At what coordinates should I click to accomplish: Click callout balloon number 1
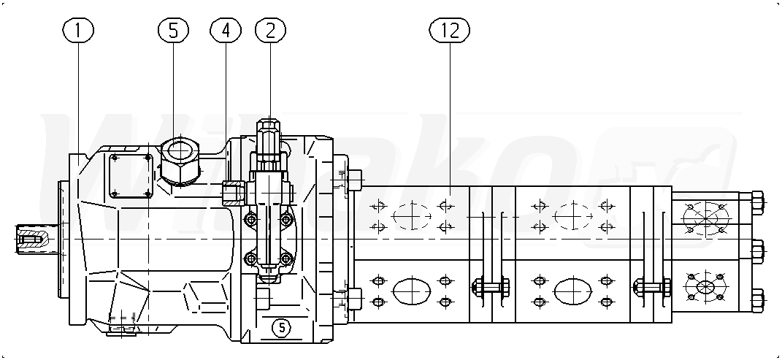pyautogui.click(x=78, y=30)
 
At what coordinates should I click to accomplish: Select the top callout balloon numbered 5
pyautogui.click(x=173, y=30)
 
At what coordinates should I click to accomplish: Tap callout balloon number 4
pyautogui.click(x=225, y=30)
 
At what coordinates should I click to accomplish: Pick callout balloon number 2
pyautogui.click(x=270, y=30)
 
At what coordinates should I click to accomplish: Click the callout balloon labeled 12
pyautogui.click(x=450, y=30)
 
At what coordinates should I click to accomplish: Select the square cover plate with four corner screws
pyautogui.click(x=130, y=175)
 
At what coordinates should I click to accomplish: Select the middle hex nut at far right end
pyautogui.click(x=756, y=250)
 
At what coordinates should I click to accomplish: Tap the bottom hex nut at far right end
pyautogui.click(x=756, y=299)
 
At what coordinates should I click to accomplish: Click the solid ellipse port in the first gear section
pyautogui.click(x=411, y=291)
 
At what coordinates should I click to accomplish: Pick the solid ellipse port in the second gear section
pyautogui.click(x=572, y=291)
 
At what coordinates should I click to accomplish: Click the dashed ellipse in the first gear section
pyautogui.click(x=411, y=216)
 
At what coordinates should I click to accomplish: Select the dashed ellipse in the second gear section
pyautogui.click(x=572, y=216)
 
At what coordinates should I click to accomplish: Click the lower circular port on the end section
pyautogui.click(x=705, y=286)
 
